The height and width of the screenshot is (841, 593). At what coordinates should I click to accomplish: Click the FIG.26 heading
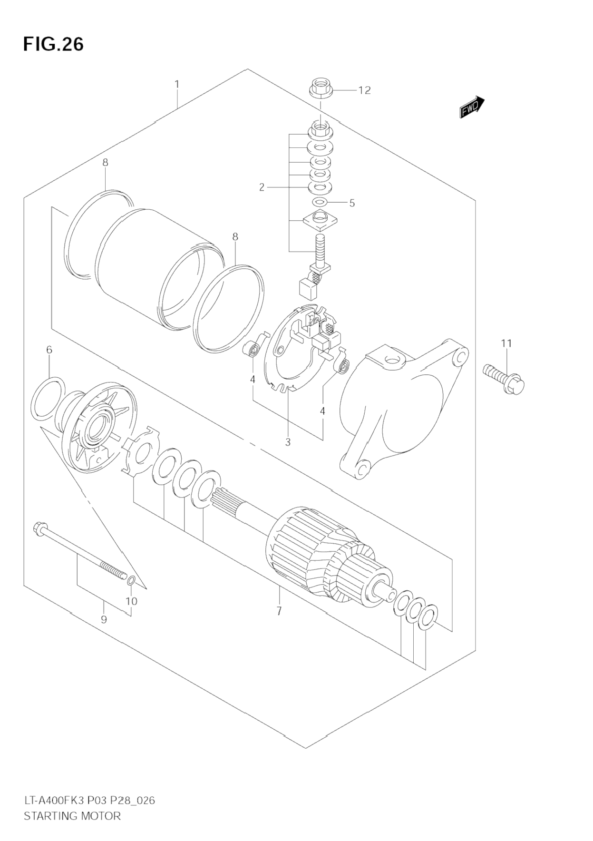coord(53,44)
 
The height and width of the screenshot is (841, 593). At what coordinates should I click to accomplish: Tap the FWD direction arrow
coord(472,107)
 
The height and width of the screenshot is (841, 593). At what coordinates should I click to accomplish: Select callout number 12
coord(364,90)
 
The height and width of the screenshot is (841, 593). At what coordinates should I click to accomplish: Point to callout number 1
coord(177,84)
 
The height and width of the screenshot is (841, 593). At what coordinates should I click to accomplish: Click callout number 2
coord(262,187)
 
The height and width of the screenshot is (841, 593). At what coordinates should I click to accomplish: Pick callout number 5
coord(352,203)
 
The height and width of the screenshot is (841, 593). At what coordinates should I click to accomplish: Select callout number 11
coord(506,343)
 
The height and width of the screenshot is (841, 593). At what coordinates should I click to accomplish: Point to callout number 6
coord(49,350)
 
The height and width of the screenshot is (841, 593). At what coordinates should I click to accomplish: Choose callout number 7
coord(279,610)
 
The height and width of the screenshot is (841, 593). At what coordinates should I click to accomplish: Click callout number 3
coord(288,442)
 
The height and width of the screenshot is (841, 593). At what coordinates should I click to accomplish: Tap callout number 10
coord(131,601)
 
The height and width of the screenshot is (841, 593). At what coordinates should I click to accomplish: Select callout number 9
coord(104,619)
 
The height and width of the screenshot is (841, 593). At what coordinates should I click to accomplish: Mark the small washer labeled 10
coord(132,579)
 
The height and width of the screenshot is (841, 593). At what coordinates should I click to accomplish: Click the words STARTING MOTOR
coord(72,816)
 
